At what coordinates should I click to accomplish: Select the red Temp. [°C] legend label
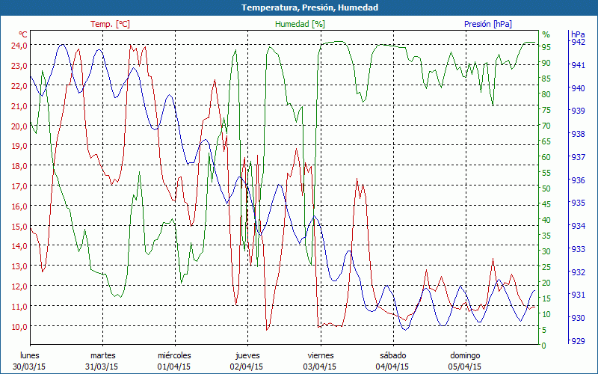(110, 24)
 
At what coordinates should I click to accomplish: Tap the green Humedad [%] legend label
(300, 24)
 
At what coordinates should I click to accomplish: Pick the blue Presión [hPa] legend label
(488, 24)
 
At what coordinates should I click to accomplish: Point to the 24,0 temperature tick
(18, 45)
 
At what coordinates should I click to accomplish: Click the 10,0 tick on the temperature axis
(18, 326)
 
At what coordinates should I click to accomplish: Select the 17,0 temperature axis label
(18, 186)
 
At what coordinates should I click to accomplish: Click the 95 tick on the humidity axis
(546, 47)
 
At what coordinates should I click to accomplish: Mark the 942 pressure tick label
(578, 43)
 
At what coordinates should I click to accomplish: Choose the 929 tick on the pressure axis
(578, 340)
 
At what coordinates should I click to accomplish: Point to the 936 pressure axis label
(578, 180)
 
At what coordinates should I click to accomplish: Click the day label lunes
(29, 355)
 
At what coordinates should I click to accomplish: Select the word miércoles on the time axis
(174, 355)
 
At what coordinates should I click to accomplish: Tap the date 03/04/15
(319, 367)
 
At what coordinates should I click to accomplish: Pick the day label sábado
(392, 355)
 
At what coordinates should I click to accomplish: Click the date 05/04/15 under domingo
(464, 367)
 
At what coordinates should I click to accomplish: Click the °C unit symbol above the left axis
(23, 34)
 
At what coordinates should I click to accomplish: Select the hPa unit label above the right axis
(579, 34)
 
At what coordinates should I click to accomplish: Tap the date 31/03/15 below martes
(102, 367)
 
